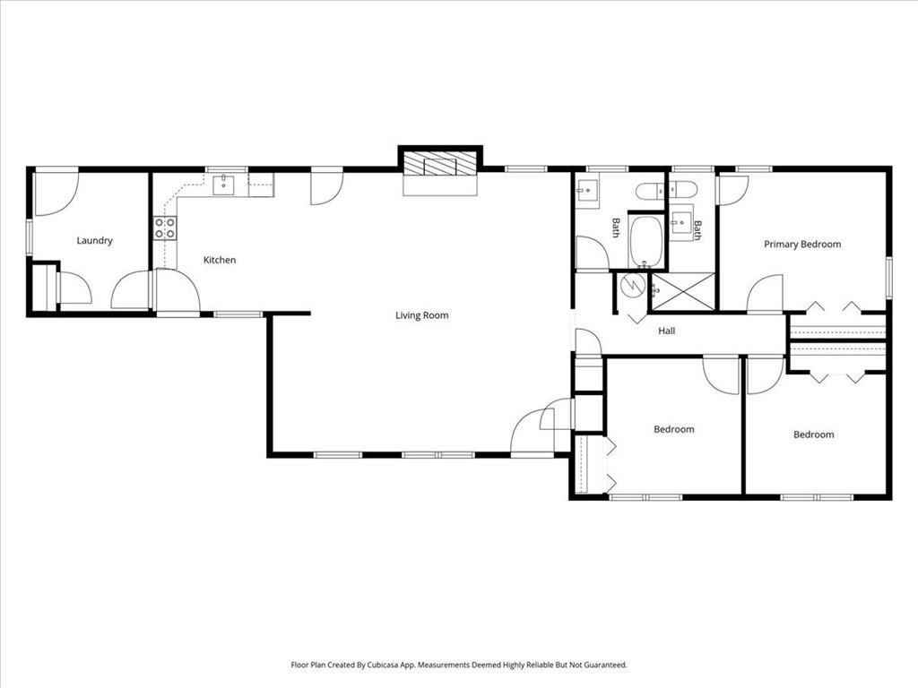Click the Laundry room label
pos(94,240)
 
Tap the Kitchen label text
pos(220,260)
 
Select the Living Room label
pos(421,315)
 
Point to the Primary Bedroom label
pos(802,244)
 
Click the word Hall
pos(666,331)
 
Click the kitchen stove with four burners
pos(164,228)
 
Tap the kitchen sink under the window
pos(222,185)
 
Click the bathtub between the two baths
pos(645,240)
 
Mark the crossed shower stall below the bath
pos(682,291)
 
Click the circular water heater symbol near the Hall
pos(633,286)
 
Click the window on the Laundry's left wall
pos(30,237)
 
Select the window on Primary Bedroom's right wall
pos(888,276)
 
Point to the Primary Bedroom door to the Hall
pos(765,296)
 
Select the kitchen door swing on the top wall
pos(325,186)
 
